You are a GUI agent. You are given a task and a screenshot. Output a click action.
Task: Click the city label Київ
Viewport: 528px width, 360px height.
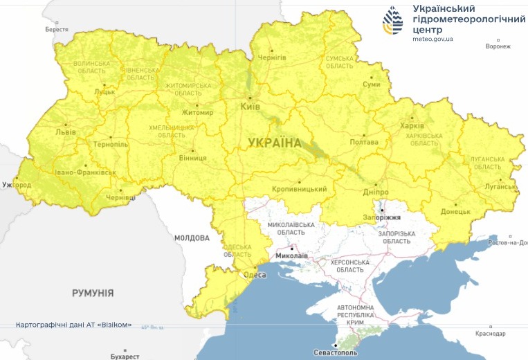point(249,107)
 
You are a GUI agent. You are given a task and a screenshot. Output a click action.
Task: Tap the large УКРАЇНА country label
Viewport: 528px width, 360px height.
point(275,143)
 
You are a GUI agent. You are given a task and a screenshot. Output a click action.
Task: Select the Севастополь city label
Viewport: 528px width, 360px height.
point(335,353)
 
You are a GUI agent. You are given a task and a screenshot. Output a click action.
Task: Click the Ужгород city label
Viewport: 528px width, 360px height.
point(17,186)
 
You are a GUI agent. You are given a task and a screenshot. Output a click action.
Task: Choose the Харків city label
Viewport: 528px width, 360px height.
point(412,126)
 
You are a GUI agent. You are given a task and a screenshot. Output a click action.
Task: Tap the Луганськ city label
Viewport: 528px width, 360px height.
point(499,186)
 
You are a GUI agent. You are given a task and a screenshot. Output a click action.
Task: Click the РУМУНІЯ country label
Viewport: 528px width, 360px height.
point(93,294)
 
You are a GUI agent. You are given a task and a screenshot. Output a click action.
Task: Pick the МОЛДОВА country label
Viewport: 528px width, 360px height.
point(192,238)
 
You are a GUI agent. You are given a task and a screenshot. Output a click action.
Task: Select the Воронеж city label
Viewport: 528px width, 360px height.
point(498,46)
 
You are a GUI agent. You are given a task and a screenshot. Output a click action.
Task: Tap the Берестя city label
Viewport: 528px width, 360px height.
point(57,30)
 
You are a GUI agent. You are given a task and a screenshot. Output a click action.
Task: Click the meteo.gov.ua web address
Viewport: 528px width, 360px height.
point(433,39)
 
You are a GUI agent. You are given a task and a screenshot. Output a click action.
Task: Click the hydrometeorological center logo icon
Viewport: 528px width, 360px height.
point(395,22)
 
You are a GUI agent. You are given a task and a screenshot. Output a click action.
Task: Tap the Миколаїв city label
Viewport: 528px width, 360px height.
point(291,255)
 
